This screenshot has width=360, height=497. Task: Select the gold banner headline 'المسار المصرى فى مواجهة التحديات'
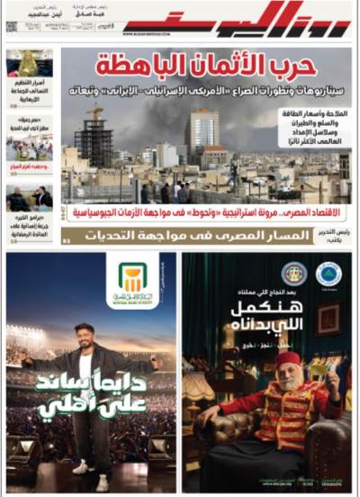(202, 235)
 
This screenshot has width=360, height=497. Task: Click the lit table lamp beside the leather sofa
(199, 388)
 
